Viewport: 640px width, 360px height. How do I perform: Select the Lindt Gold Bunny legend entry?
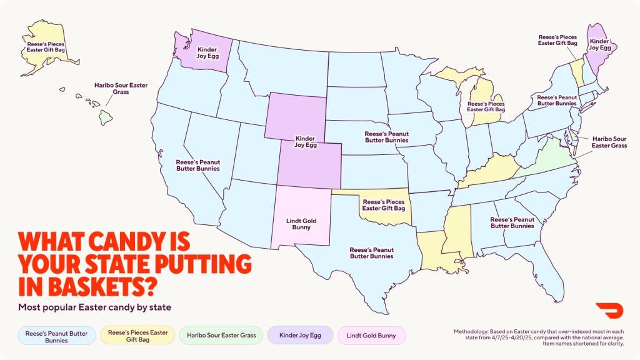click(371, 336)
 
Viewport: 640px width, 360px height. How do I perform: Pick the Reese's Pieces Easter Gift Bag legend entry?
click(138, 336)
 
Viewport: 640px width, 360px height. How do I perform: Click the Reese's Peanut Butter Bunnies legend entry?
click(57, 336)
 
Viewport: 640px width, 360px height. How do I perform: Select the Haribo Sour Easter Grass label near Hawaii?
click(121, 88)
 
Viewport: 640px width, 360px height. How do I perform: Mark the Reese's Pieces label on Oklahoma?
click(384, 205)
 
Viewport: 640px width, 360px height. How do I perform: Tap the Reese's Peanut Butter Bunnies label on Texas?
click(371, 252)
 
